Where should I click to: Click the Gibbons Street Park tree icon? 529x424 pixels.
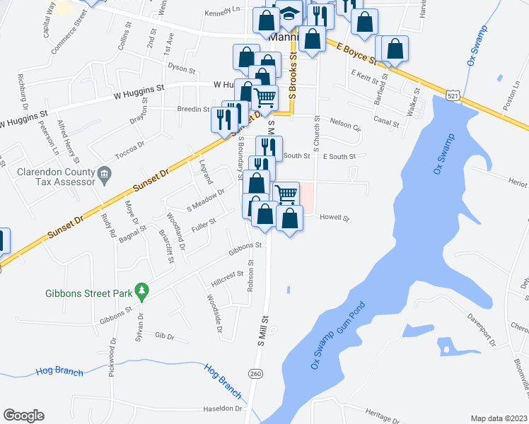pyautogui.click(x=142, y=289)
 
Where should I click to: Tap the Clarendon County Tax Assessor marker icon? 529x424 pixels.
pyautogui.click(x=104, y=172)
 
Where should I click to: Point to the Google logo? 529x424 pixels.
pyautogui.click(x=23, y=415)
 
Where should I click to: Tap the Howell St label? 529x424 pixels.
pyautogui.click(x=335, y=218)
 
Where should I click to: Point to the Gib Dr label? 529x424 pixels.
pyautogui.click(x=164, y=336)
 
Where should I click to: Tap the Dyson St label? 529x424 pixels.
pyautogui.click(x=182, y=69)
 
